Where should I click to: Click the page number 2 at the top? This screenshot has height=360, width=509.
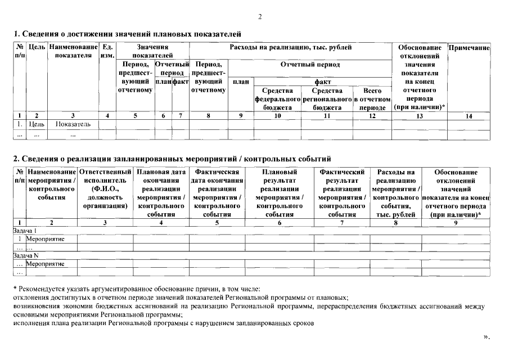click(x=260, y=16)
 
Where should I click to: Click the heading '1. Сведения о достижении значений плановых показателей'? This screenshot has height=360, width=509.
click(x=127, y=34)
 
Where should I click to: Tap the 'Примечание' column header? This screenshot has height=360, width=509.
click(x=469, y=48)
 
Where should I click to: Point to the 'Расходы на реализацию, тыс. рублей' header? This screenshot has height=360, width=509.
click(x=291, y=47)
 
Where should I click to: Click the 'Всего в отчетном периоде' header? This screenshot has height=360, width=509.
click(x=371, y=99)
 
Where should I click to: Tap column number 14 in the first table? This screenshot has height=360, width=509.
click(x=469, y=115)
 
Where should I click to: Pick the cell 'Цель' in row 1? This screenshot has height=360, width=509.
click(x=37, y=124)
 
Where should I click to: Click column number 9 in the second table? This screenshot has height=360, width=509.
click(x=456, y=223)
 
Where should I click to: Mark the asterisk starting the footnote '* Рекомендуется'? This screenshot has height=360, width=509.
click(x=15, y=289)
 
